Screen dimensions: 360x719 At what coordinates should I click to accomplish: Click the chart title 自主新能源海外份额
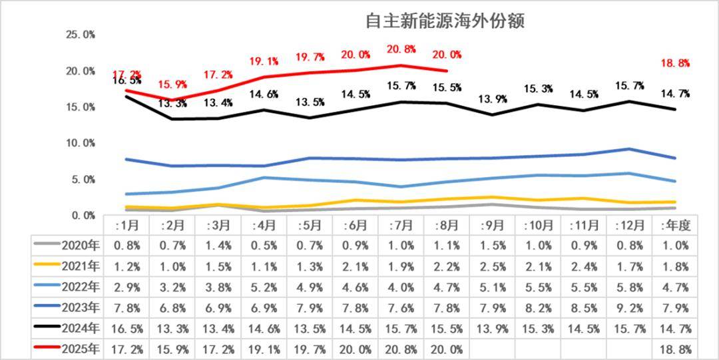pos(445,21)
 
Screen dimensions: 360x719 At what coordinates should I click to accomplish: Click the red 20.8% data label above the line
pos(401,49)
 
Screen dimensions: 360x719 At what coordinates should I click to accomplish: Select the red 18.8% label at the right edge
pos(674,63)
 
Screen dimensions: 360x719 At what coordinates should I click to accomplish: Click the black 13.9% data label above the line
pos(493,99)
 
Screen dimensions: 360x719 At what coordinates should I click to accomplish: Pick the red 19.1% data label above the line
pos(264,61)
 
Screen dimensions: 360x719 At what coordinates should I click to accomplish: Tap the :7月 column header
pos(400,226)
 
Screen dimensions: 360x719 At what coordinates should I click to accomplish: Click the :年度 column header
pos(674,226)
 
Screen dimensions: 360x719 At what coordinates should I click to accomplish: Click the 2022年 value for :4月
pos(264,287)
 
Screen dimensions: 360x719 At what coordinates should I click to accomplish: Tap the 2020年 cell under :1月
pos(126,246)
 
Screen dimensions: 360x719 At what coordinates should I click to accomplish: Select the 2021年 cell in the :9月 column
pos(493,266)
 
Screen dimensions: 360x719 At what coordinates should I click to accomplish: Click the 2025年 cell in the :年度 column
pos(674,349)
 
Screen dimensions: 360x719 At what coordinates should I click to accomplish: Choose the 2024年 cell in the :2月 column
pos(172,328)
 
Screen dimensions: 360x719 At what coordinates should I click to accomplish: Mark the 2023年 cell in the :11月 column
pos(584,307)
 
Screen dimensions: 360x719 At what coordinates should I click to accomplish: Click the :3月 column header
pos(218,226)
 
